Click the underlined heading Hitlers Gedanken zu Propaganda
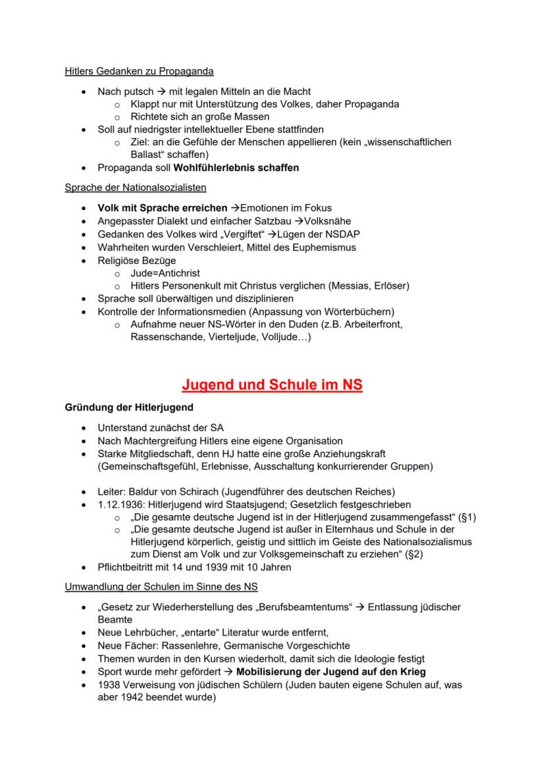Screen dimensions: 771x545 click(139, 71)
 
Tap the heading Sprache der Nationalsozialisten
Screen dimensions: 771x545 click(135, 188)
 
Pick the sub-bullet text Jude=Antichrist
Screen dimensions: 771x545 click(165, 273)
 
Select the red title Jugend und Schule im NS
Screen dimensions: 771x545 click(272, 385)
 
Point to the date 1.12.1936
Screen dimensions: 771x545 click(123, 504)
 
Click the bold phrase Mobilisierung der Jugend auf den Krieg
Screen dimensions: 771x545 click(331, 672)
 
